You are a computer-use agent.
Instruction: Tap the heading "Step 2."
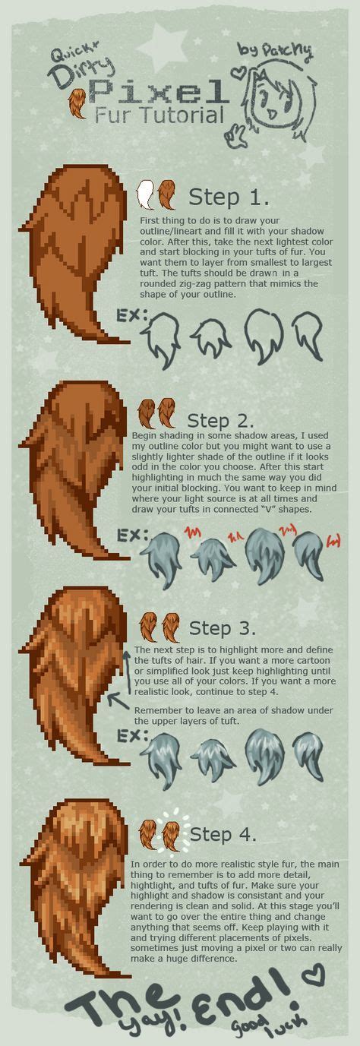220,420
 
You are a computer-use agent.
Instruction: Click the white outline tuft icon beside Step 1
145,195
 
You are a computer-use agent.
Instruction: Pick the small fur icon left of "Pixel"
77,103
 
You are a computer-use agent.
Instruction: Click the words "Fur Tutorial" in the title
160,115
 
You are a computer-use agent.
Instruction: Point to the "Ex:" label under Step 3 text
129,736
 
